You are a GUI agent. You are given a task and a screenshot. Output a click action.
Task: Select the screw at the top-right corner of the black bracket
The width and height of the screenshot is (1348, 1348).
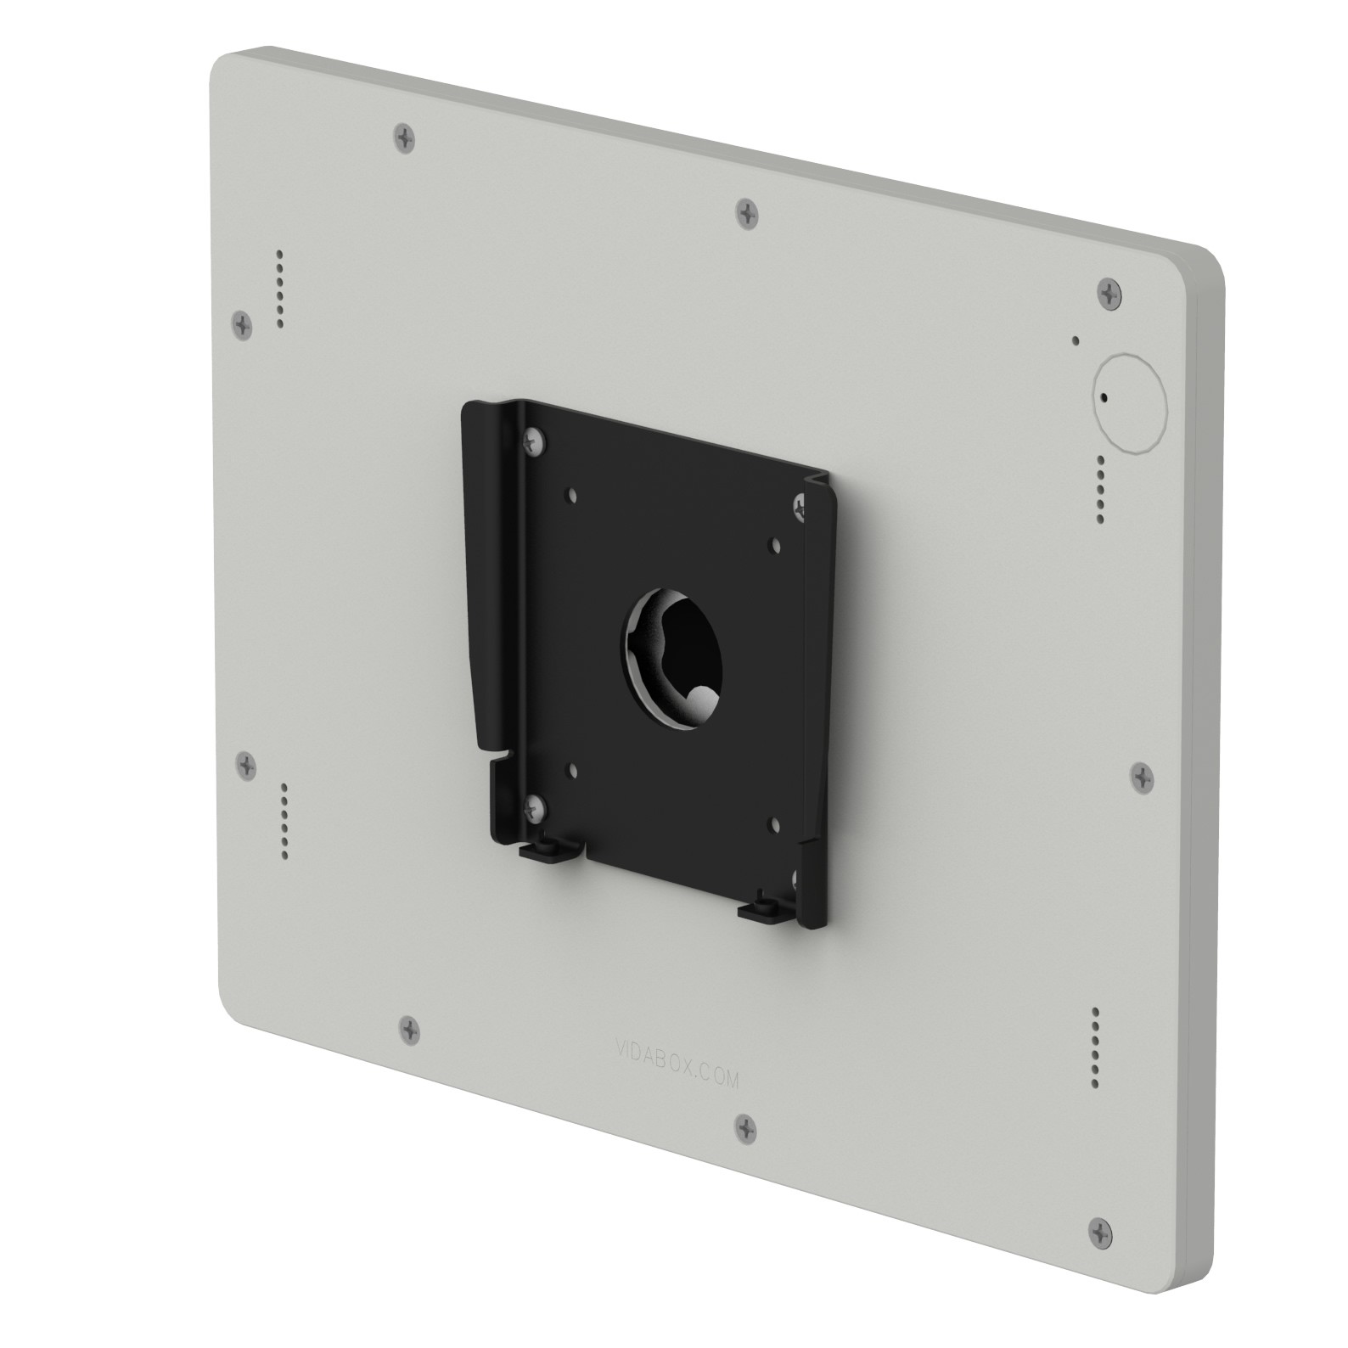pos(800,507)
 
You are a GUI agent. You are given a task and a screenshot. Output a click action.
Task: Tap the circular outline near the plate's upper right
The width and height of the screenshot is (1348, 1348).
pos(1130,401)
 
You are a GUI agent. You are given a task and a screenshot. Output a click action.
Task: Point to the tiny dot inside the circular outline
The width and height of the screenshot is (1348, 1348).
pos(1104,396)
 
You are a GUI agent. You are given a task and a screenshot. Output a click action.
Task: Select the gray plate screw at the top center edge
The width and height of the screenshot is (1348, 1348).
pos(746,212)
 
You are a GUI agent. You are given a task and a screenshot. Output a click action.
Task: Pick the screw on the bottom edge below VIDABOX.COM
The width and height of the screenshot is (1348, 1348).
pos(745,1128)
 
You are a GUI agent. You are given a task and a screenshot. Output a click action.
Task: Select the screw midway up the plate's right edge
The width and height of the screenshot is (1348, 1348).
pos(1143,775)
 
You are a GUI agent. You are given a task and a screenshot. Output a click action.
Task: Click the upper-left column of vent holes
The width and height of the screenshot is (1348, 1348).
pos(279,290)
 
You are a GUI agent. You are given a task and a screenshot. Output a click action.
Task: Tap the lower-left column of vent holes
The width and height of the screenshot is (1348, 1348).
pos(284,822)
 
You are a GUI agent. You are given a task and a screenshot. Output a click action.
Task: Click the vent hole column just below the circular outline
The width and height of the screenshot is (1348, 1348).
pos(1101,489)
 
